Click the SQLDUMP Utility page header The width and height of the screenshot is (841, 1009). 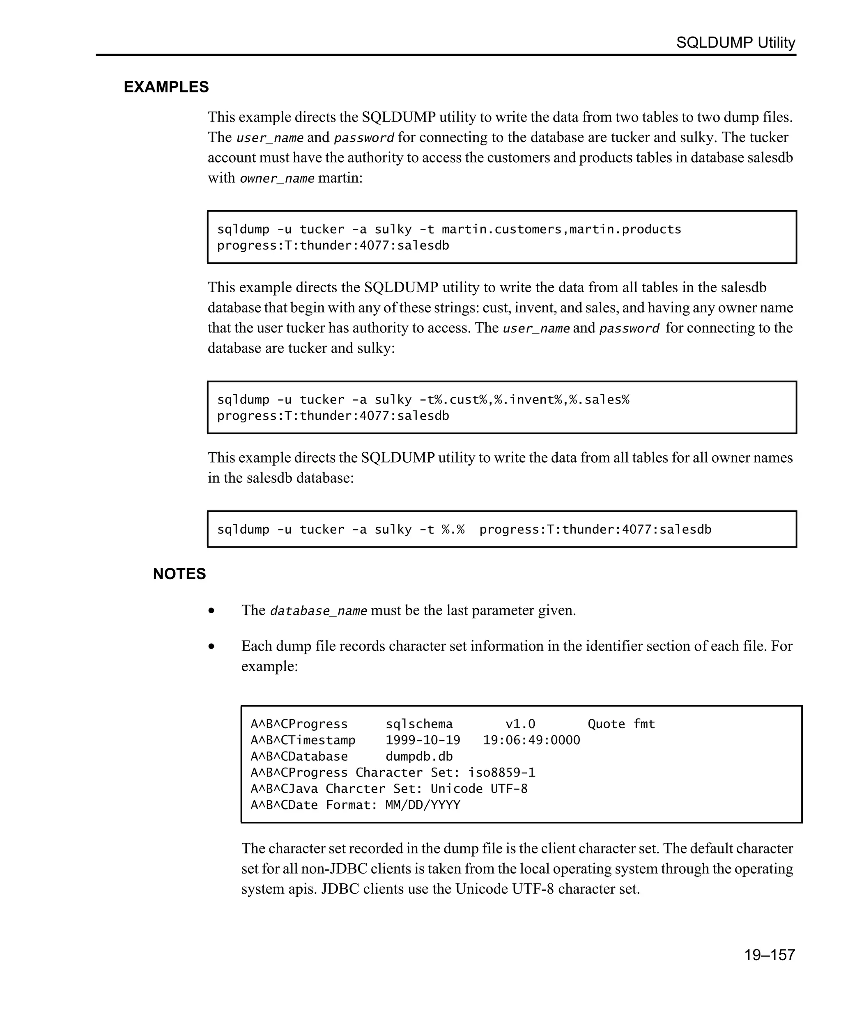click(735, 43)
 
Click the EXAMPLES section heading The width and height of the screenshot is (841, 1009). click(166, 87)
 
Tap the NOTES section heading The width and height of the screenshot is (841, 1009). click(179, 574)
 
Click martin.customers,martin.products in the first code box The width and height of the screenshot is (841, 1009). click(561, 229)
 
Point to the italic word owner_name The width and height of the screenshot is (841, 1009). click(277, 179)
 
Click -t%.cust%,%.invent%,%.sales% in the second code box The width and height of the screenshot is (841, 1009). click(524, 399)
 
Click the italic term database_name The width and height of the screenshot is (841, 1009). click(318, 611)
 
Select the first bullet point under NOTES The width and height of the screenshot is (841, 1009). click(211, 611)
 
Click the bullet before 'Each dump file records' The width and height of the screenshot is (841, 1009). click(211, 647)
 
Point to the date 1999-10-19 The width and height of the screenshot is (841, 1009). click(423, 741)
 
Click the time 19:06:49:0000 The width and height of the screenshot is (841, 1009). click(531, 741)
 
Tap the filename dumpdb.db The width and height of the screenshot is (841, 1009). click(418, 756)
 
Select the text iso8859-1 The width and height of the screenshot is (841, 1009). click(501, 773)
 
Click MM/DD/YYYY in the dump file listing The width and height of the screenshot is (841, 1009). click(423, 805)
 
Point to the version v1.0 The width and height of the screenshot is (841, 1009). click(520, 724)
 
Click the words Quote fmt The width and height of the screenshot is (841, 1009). click(621, 724)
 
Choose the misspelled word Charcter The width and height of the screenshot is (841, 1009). click(355, 789)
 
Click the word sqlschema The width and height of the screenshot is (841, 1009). click(418, 724)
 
